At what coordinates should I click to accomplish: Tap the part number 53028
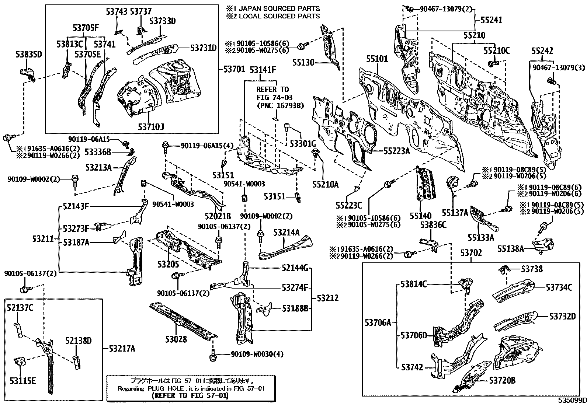click(176, 339)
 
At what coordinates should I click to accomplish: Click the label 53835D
click(29, 55)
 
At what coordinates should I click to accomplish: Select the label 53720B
click(503, 381)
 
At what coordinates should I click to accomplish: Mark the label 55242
click(542, 51)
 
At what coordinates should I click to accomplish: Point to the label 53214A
click(286, 232)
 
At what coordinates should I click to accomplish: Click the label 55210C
click(497, 51)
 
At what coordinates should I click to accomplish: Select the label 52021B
click(218, 216)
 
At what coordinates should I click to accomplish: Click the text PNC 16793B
click(280, 105)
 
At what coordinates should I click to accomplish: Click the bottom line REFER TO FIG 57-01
click(190, 396)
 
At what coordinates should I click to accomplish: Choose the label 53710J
click(151, 127)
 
